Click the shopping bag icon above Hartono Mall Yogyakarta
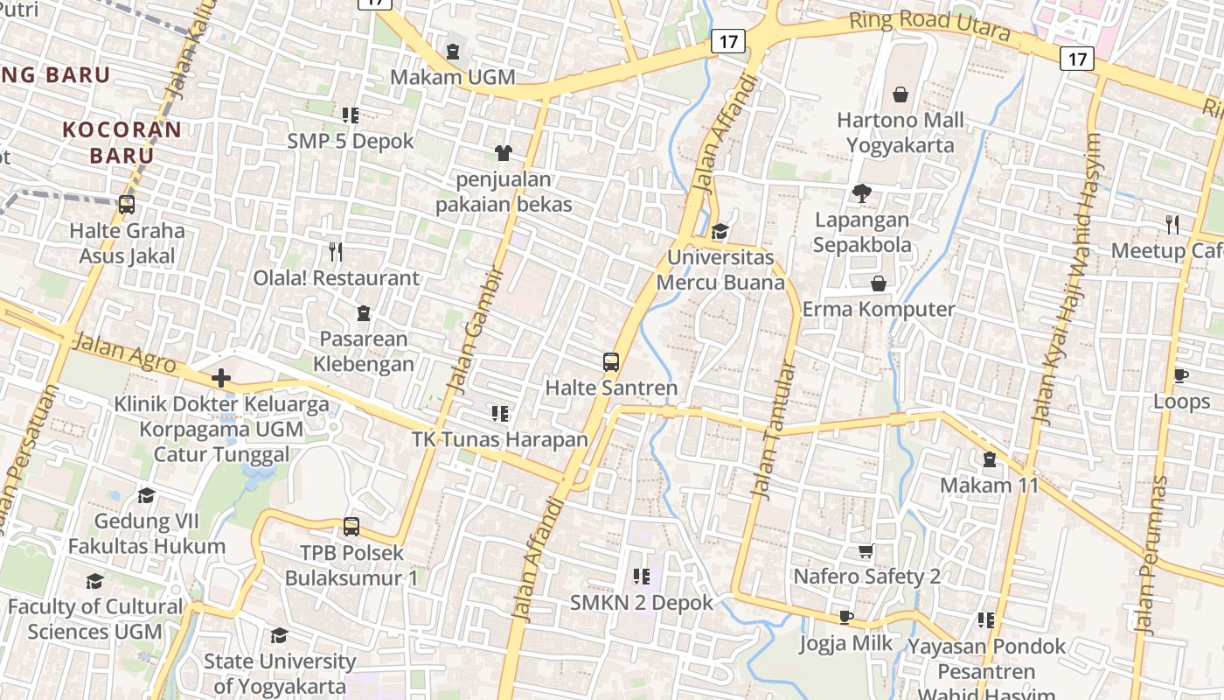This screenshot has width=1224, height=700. [901, 94]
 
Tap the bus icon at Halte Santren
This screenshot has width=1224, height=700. [610, 361]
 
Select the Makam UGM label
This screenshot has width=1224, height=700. [452, 77]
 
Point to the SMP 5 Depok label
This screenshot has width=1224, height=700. [351, 141]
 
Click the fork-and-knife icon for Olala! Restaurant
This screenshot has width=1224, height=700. [336, 253]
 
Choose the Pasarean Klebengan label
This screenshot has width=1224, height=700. [364, 351]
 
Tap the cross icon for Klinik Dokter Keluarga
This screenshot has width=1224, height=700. [221, 378]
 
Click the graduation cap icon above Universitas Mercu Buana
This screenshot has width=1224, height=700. [720, 232]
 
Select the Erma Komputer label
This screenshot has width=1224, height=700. [879, 309]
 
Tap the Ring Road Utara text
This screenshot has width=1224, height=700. [929, 27]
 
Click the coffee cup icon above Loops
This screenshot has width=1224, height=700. [1180, 376]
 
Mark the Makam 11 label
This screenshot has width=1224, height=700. [989, 485]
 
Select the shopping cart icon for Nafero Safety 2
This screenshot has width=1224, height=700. [866, 551]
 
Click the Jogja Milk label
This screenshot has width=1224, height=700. [845, 643]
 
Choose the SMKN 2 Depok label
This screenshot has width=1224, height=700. [642, 602]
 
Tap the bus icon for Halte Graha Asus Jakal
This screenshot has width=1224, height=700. [127, 205]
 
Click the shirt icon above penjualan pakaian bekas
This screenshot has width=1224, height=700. [503, 153]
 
